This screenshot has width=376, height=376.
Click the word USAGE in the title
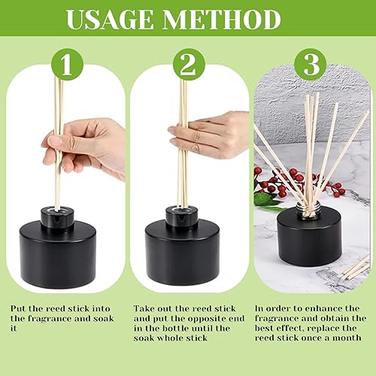(x=110, y=20)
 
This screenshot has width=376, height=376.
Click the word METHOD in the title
(x=222, y=20)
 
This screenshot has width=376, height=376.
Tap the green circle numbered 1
(x=67, y=64)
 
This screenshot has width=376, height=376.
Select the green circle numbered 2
(x=189, y=64)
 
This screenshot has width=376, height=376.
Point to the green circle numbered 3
(x=311, y=64)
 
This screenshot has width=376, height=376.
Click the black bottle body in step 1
(x=58, y=254)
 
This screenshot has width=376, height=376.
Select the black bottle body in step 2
(x=183, y=254)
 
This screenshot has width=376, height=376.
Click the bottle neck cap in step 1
(x=57, y=217)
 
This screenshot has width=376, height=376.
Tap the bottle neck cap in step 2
(x=182, y=217)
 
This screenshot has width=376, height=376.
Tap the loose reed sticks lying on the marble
(x=356, y=268)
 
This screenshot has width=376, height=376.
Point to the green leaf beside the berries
(x=265, y=199)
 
